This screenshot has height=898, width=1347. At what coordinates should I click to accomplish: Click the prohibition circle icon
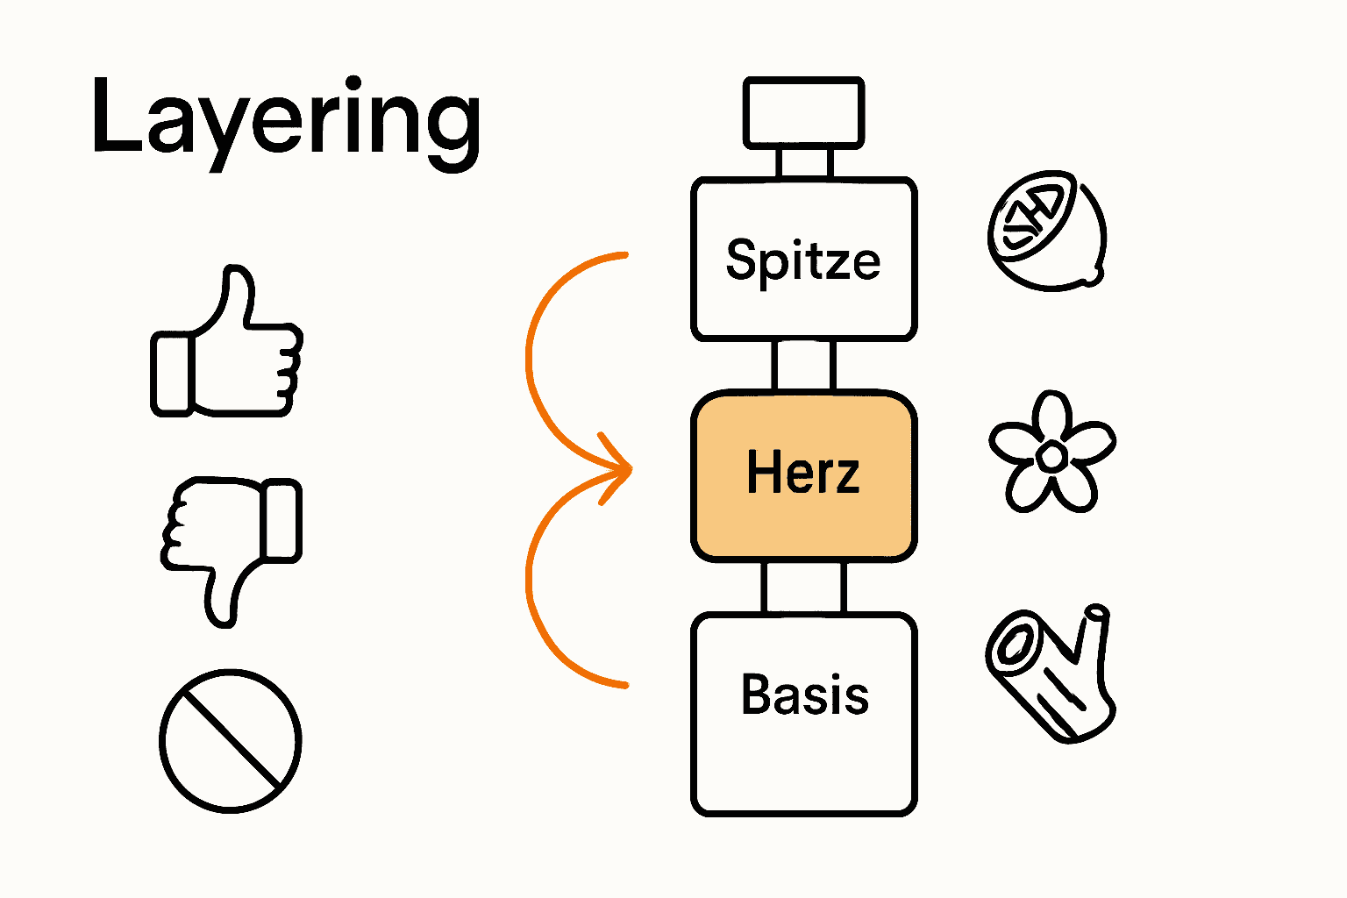point(231,741)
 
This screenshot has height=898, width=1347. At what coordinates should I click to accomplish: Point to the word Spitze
point(803,260)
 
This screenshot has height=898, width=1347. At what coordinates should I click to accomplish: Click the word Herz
point(803,473)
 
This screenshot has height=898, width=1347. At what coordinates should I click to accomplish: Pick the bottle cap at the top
point(803,112)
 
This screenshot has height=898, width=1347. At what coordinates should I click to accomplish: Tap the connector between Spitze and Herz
point(803,365)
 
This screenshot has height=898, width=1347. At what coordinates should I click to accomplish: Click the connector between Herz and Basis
point(803,587)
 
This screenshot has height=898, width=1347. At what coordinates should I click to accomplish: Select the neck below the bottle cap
point(803,163)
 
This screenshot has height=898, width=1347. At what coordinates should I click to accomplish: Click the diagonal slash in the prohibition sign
point(231,741)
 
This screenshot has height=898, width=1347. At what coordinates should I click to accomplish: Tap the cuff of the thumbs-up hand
point(171,372)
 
